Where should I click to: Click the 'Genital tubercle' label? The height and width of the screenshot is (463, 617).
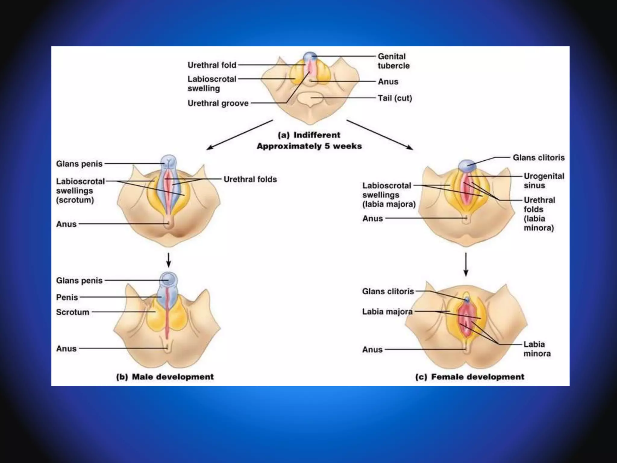click(393, 61)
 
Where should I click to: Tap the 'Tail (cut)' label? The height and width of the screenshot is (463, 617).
click(395, 98)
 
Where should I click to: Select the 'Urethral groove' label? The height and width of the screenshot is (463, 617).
click(218, 103)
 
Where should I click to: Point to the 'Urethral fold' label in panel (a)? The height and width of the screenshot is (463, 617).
click(212, 65)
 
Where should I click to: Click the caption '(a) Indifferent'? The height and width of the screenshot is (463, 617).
click(309, 135)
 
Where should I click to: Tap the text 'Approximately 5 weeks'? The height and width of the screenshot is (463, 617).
click(309, 146)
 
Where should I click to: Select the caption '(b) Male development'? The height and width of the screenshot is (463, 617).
click(165, 377)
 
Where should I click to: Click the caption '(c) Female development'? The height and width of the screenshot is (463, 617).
click(470, 377)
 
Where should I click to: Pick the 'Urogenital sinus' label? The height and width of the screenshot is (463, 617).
click(543, 181)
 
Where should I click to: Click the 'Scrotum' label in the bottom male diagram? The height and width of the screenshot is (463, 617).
click(73, 312)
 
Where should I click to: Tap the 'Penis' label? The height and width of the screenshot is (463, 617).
click(67, 297)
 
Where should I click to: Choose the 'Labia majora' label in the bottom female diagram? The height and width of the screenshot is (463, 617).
click(387, 311)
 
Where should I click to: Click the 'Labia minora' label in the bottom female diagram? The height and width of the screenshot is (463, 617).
click(537, 349)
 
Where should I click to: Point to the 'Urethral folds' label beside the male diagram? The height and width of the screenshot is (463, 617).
click(250, 179)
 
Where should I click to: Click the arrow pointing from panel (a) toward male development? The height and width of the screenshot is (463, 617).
click(240, 135)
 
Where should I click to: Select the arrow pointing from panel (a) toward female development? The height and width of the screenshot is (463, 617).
click(380, 135)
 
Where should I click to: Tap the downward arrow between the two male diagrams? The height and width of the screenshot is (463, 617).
click(169, 260)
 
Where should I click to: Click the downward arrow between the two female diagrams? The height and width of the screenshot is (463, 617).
click(466, 264)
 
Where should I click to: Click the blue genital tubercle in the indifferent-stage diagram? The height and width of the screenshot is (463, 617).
click(310, 56)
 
